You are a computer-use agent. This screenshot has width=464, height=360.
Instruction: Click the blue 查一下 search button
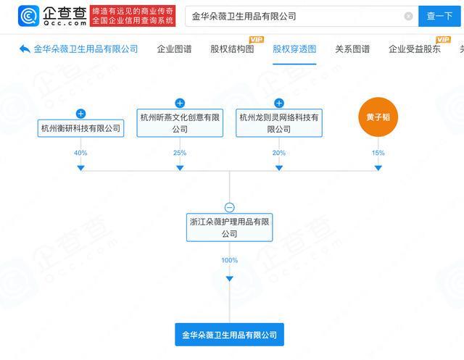pyautogui.click(x=439, y=16)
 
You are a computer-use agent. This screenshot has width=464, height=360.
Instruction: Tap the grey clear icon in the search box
pyautogui.click(x=408, y=16)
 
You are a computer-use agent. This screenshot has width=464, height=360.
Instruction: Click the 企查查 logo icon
pyautogui.click(x=28, y=16)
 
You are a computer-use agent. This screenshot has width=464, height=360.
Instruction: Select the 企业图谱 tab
pyautogui.click(x=174, y=49)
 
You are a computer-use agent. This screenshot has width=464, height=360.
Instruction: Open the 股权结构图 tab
pyautogui.click(x=232, y=49)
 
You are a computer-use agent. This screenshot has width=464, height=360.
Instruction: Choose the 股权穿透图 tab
pyautogui.click(x=294, y=49)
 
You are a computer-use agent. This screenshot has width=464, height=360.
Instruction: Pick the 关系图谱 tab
pyautogui.click(x=352, y=49)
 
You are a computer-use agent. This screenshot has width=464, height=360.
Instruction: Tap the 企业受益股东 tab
pyautogui.click(x=415, y=49)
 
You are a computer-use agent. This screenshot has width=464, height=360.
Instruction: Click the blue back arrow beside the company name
pyautogui.click(x=25, y=49)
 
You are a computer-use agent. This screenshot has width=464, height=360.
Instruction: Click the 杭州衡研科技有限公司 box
pyautogui.click(x=80, y=128)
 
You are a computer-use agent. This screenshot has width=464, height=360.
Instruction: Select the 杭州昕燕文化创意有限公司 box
pyautogui.click(x=180, y=123)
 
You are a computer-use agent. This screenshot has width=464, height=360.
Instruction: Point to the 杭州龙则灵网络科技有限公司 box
pyautogui.click(x=279, y=123)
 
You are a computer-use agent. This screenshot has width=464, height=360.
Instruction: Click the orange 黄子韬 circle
pyautogui.click(x=378, y=117)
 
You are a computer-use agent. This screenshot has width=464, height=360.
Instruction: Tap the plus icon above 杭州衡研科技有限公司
pyautogui.click(x=80, y=114)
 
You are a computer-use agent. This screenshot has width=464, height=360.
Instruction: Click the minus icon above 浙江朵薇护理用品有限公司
pyautogui.click(x=230, y=207)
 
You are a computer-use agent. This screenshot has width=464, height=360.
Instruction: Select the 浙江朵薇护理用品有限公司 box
pyautogui.click(x=230, y=227)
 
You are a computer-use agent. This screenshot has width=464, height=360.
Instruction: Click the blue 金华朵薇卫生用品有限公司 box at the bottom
pyautogui.click(x=230, y=335)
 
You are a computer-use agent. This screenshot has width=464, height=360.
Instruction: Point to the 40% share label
pyautogui.click(x=80, y=153)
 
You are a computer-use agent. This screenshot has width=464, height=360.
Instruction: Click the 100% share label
pyautogui.click(x=230, y=260)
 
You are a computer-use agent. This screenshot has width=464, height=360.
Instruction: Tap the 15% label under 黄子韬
pyautogui.click(x=378, y=153)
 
